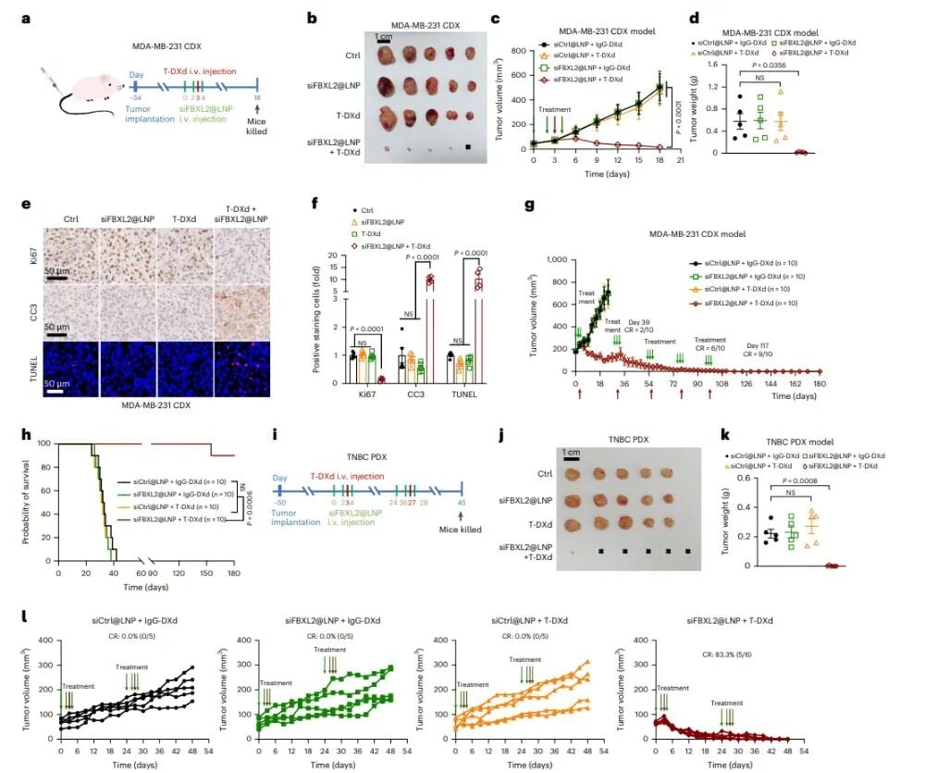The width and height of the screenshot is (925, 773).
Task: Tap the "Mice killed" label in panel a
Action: (x=256, y=126)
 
